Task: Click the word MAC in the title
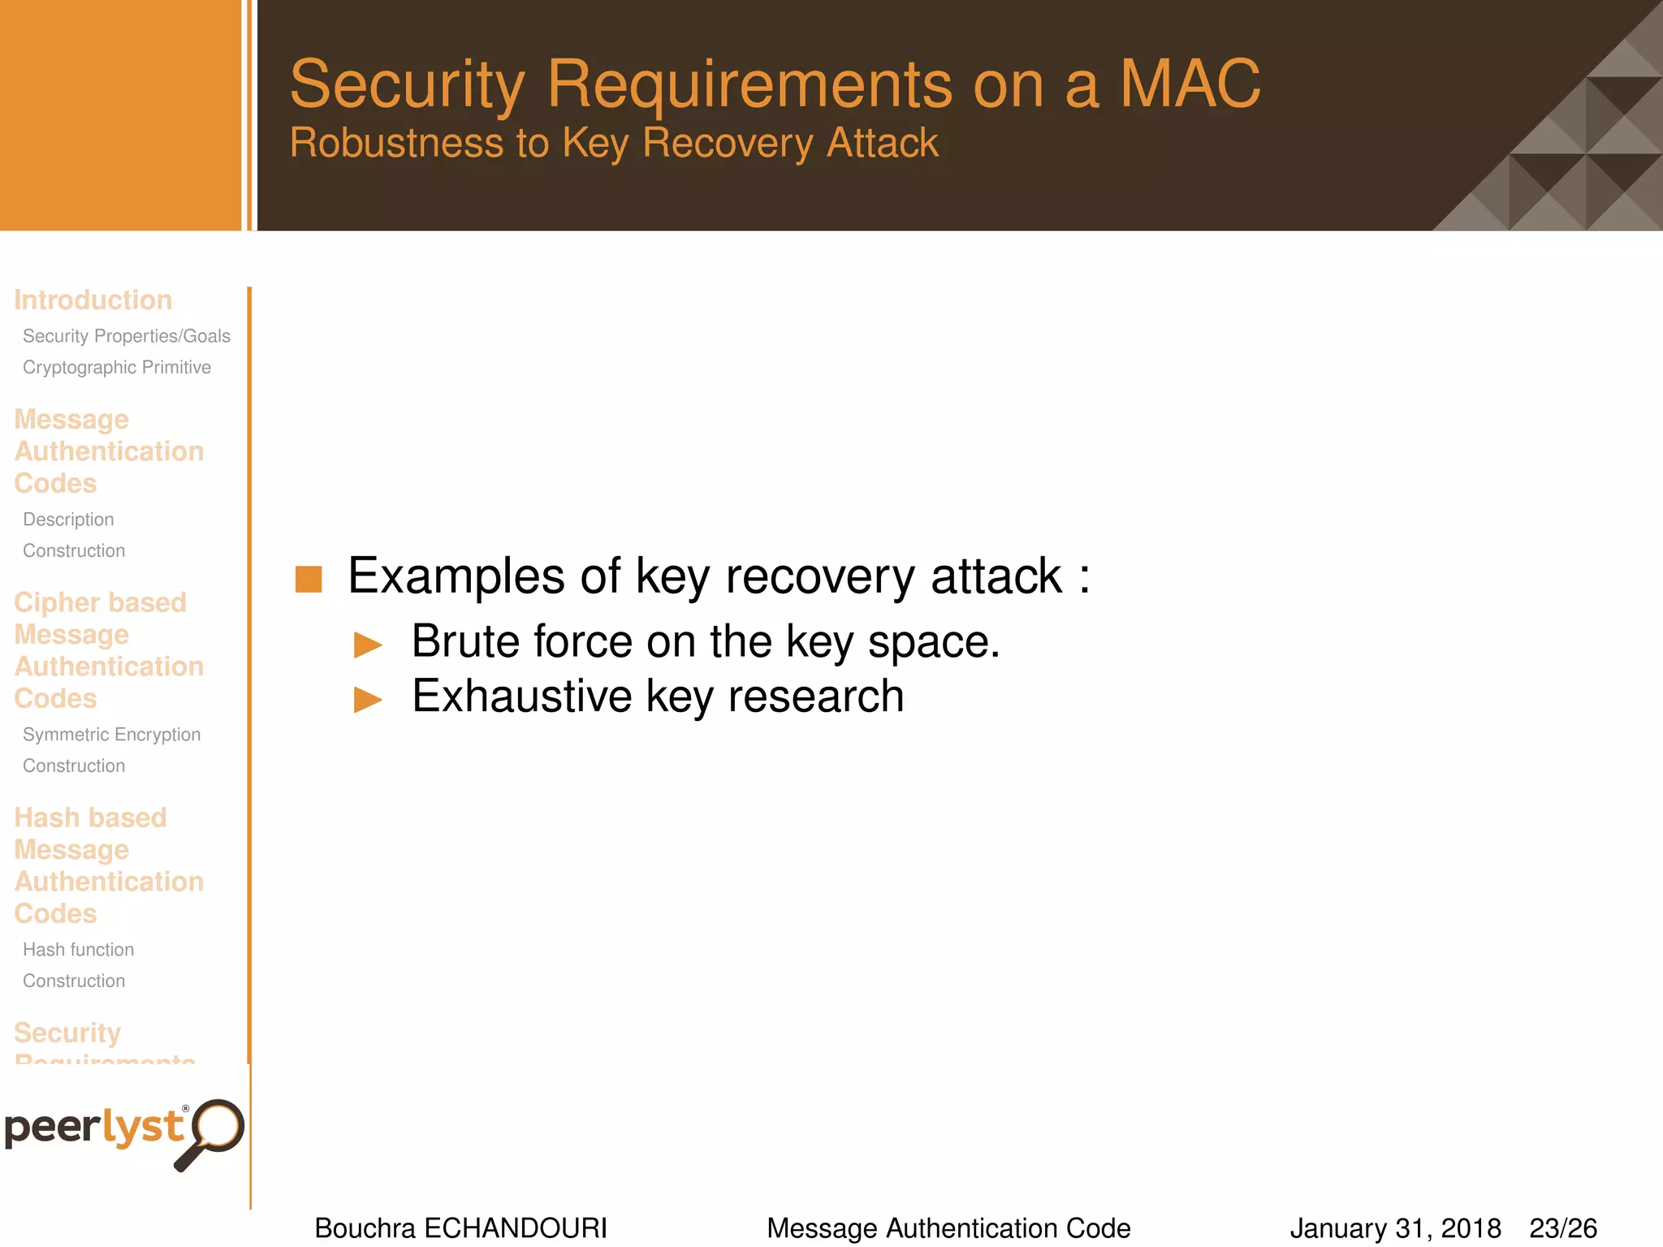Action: click(x=1189, y=84)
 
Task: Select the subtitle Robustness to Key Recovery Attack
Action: click(x=614, y=144)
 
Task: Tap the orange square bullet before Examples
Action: click(x=309, y=580)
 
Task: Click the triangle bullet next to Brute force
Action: click(x=368, y=645)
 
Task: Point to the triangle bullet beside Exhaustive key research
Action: click(x=368, y=699)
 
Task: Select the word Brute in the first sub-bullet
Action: click(x=477, y=641)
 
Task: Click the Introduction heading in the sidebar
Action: click(x=93, y=300)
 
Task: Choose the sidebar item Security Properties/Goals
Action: click(x=126, y=336)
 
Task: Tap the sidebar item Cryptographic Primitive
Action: click(x=116, y=368)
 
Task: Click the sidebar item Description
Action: click(x=68, y=520)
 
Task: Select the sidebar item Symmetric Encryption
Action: click(x=111, y=735)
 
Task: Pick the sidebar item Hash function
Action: click(x=78, y=950)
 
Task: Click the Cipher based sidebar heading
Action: click(x=100, y=602)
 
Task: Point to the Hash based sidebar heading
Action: click(x=90, y=818)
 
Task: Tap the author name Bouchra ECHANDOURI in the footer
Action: click(x=460, y=1228)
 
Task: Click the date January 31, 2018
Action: click(x=1395, y=1228)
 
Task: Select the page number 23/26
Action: click(x=1563, y=1228)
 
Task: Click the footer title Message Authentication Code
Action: click(x=948, y=1228)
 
